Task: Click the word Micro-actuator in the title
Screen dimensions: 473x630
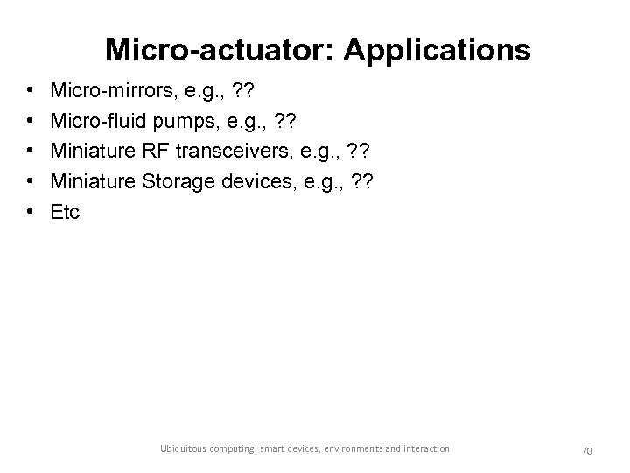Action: (x=219, y=50)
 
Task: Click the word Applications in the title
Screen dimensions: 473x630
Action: (x=437, y=50)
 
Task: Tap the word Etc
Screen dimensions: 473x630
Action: (x=66, y=211)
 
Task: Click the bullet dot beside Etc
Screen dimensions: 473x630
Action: (x=31, y=211)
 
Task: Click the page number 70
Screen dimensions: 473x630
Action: (x=587, y=449)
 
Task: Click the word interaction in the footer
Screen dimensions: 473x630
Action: (x=426, y=448)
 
